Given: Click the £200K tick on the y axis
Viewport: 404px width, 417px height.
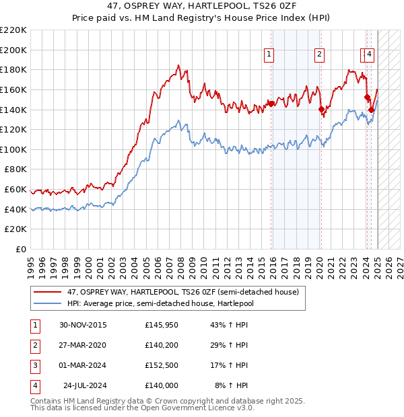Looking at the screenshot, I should coord(13,50).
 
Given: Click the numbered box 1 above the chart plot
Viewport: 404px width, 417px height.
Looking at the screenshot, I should coord(269,55).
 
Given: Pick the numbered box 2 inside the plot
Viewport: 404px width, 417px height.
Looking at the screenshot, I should coord(318,55).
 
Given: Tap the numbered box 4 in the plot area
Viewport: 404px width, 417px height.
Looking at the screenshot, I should coord(370,55).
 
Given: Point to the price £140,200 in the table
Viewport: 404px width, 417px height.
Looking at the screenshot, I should coord(161,345).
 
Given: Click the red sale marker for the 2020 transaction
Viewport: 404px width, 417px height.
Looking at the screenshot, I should coord(321,108).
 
